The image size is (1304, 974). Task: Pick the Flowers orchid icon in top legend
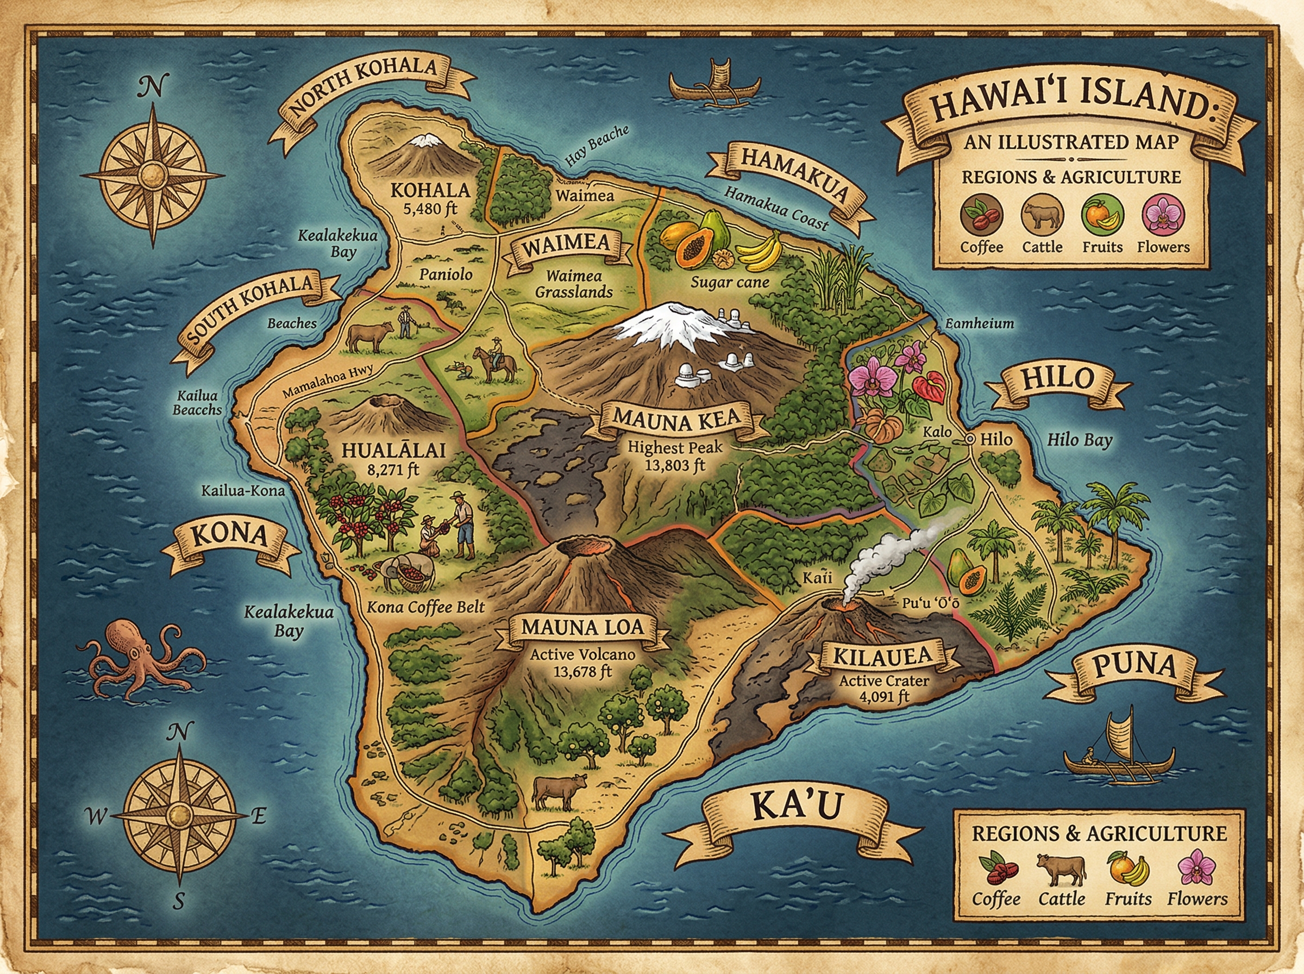click(1163, 215)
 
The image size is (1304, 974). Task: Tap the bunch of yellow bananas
click(760, 251)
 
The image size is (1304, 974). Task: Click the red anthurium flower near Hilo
click(930, 387)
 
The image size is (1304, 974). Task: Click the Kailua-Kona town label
click(243, 491)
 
